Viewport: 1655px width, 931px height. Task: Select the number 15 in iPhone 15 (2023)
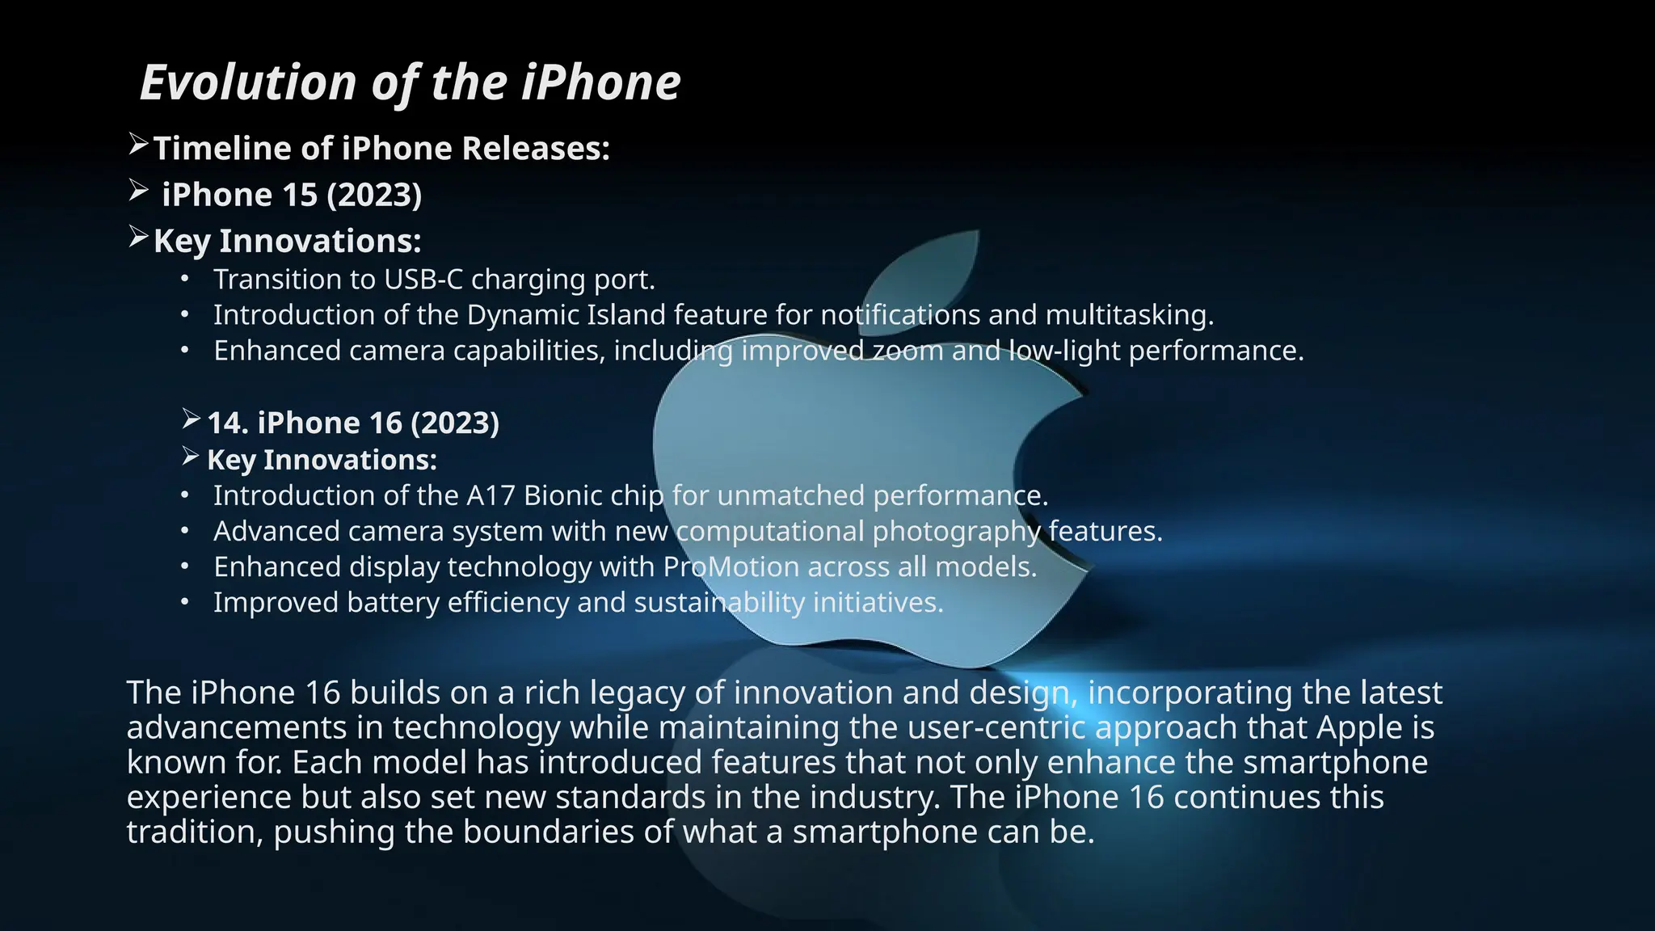[x=300, y=195]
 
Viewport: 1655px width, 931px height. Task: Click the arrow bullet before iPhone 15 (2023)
[x=138, y=191]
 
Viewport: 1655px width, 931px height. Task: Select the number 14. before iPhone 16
[x=227, y=423]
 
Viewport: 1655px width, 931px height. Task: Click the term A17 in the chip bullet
[x=491, y=495]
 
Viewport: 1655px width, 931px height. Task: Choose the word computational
[x=770, y=532]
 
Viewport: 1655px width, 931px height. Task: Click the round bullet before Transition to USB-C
[x=185, y=280]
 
